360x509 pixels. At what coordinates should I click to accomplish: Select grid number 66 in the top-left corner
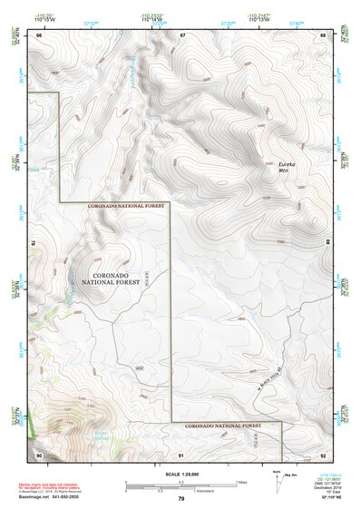pos(39,35)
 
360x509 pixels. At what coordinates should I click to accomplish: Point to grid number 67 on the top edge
pos(182,35)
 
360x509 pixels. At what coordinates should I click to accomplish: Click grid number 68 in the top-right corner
pos(323,35)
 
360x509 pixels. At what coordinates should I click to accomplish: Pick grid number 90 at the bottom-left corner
pos(39,453)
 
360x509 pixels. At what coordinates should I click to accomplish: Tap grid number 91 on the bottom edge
pos(181,453)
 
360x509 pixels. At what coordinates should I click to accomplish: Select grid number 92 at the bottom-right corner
pos(323,453)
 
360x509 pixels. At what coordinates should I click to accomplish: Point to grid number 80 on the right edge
pos(328,243)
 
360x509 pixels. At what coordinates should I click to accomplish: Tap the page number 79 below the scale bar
pos(181,499)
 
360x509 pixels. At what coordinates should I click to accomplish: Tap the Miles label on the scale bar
pos(241,482)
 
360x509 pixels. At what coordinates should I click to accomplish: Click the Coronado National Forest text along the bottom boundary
pos(222,425)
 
